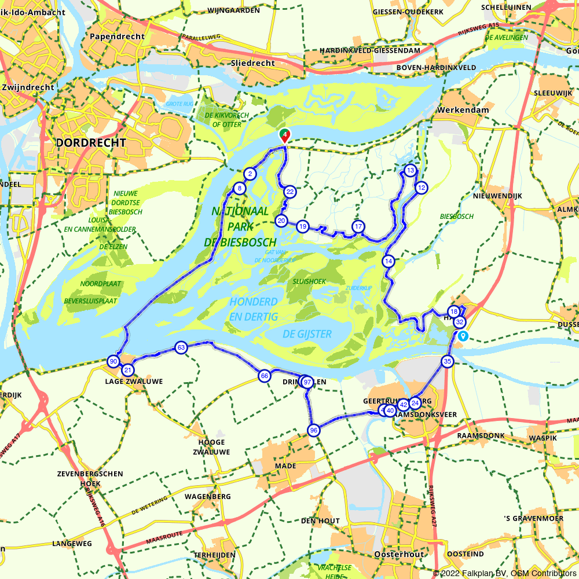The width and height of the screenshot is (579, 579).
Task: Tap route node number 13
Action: [x=410, y=170]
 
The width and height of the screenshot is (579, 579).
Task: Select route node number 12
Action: [x=421, y=187]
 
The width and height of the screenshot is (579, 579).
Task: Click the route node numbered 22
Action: [x=290, y=192]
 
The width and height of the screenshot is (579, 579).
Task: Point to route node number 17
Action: [x=358, y=226]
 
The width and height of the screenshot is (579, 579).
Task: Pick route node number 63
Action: [x=181, y=347]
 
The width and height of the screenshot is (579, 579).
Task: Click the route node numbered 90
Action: [x=113, y=361]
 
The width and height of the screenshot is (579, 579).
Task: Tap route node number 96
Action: [x=313, y=430]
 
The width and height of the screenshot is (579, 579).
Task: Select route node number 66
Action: [x=264, y=376]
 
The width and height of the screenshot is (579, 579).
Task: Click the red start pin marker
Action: [x=285, y=135]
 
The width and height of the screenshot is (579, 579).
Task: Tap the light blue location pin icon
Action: [x=462, y=336]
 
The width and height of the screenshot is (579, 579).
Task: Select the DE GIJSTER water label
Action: [x=307, y=334]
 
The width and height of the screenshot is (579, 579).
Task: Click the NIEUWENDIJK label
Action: [x=497, y=196]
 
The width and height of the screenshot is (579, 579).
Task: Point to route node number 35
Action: [x=447, y=361]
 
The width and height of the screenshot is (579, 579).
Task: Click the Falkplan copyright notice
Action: [x=505, y=573]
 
